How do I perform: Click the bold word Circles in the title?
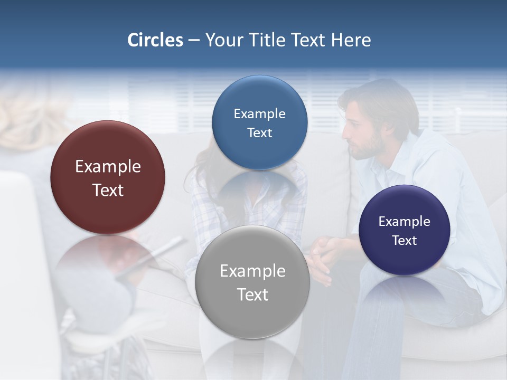point(155,40)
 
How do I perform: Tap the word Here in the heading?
point(351,40)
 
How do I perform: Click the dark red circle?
point(108,177)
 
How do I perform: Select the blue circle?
point(259,122)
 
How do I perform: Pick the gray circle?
point(252,282)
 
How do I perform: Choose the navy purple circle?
point(404,230)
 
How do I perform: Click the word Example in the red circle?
point(108,167)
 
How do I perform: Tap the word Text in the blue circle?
point(259,133)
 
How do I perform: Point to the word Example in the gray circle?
point(252,271)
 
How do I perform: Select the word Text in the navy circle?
point(405,241)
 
